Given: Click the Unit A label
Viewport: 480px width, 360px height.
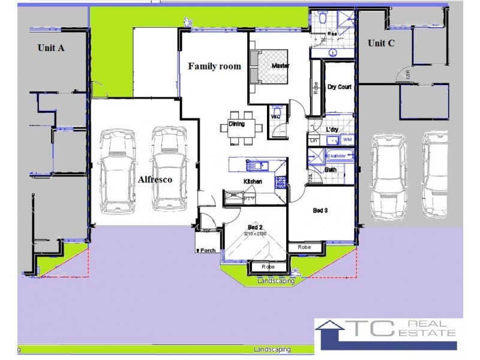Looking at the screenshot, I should (51, 49).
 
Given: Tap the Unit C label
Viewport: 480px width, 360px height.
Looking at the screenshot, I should (381, 43).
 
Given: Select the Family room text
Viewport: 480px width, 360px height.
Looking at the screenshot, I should (215, 66).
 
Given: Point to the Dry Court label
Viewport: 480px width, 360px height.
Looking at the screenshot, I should (339, 87).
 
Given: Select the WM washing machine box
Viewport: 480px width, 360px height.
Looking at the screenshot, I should (347, 139).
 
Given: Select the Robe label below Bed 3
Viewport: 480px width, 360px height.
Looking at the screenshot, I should (302, 247).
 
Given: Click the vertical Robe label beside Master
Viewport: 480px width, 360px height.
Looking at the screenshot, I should (315, 88).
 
